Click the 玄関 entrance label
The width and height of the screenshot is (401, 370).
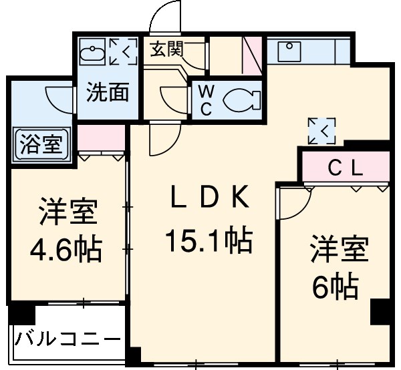(x=166, y=50)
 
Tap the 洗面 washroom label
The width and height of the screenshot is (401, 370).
(x=108, y=93)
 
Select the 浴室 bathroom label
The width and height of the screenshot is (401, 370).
(x=41, y=144)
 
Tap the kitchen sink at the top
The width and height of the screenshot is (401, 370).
(x=289, y=49)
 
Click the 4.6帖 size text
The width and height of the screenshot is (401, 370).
(x=66, y=250)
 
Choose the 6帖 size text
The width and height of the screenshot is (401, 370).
(x=336, y=287)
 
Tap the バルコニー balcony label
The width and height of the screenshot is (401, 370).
(x=67, y=339)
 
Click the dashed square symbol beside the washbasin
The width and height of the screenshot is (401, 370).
(x=122, y=51)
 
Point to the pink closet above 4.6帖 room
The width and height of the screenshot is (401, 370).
(x=102, y=138)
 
